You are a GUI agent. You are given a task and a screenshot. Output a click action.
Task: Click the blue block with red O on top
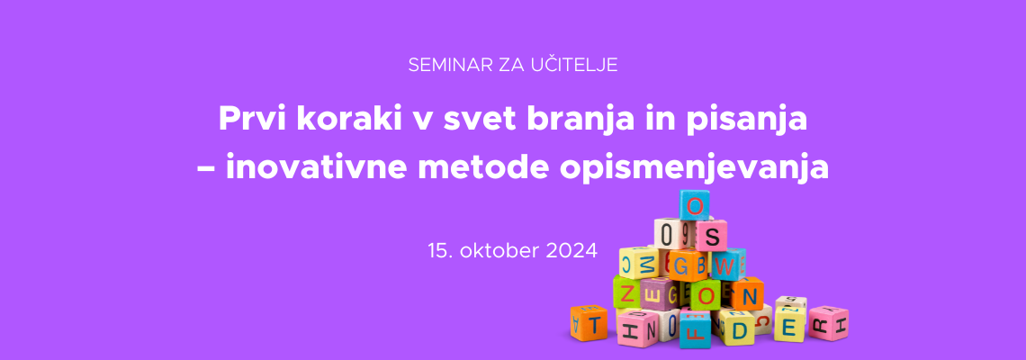click(694, 205)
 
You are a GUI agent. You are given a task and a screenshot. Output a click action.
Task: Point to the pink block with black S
click(712, 236)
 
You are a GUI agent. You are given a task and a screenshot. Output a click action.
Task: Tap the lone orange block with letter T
click(589, 323)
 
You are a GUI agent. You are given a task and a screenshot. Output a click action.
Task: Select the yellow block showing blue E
click(789, 325)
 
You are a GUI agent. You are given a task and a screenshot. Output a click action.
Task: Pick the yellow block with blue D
click(738, 328)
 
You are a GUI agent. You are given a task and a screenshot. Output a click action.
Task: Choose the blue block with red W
click(727, 265)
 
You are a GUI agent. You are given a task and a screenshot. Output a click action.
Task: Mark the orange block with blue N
click(747, 294)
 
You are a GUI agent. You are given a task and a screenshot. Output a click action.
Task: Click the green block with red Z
click(626, 292)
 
